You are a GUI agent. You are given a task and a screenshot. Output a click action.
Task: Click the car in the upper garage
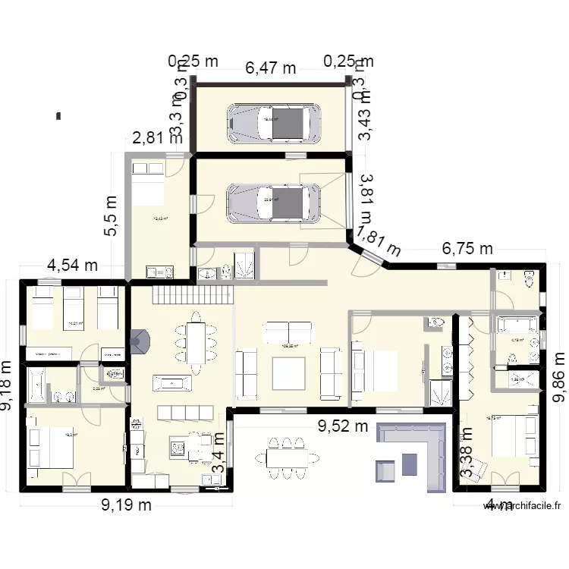point(272,122)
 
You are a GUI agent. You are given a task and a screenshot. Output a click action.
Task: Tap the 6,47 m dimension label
point(271,68)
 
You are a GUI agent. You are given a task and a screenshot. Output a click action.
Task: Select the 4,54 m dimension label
point(73,266)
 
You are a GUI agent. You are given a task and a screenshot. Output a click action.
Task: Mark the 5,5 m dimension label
point(112,216)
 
